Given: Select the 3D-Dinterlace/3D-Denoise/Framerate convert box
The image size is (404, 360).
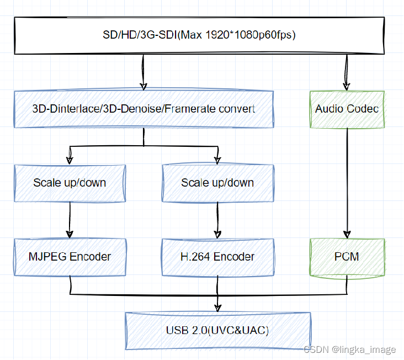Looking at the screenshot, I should pyautogui.click(x=143, y=109).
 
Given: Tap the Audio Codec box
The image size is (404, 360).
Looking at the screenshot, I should pyautogui.click(x=347, y=109).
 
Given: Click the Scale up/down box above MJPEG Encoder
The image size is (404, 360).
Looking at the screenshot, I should pyautogui.click(x=70, y=183).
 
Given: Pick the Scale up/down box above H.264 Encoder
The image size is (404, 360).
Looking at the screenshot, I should pyautogui.click(x=217, y=183).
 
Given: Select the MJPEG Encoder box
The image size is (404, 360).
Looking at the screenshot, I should pyautogui.click(x=70, y=257).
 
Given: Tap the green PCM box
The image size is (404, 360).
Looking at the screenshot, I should pyautogui.click(x=347, y=257).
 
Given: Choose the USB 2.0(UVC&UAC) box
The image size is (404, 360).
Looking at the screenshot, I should pyautogui.click(x=217, y=331).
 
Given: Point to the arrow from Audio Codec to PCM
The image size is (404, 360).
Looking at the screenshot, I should pyautogui.click(x=347, y=182).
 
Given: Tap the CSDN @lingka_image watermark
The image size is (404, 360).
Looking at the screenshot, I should pyautogui.click(x=349, y=350).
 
